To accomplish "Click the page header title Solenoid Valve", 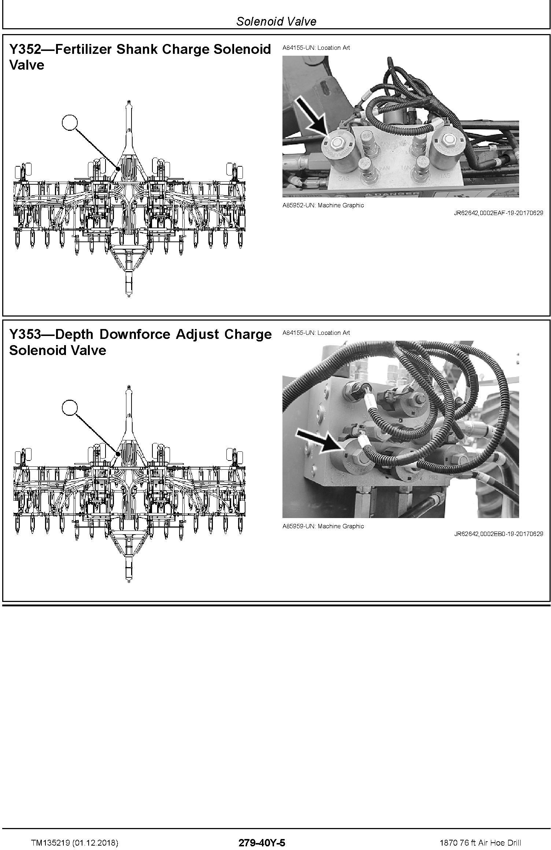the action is click(x=276, y=21).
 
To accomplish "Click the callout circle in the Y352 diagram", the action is click(x=70, y=123).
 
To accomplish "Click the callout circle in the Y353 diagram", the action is click(x=70, y=408).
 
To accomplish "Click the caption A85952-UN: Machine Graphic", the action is click(x=323, y=205).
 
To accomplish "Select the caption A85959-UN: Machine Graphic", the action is click(x=323, y=526).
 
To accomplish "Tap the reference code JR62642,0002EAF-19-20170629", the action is click(x=499, y=213).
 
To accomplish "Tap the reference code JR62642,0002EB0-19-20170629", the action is click(x=499, y=534).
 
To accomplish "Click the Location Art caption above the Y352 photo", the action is click(x=316, y=48).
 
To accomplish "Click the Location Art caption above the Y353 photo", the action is click(x=316, y=333).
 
